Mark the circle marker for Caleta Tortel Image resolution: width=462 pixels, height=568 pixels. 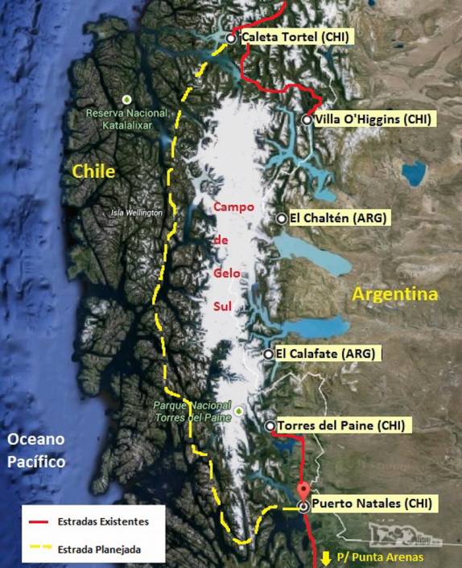(x=231, y=38)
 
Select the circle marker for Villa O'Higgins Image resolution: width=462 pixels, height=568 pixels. (x=307, y=119)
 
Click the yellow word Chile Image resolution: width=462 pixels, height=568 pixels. (x=93, y=171)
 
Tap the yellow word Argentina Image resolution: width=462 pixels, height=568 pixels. (x=395, y=294)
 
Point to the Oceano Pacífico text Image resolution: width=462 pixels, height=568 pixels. (x=35, y=451)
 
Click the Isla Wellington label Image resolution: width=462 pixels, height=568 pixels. (x=136, y=212)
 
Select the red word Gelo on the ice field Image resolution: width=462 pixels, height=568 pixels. (x=227, y=273)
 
